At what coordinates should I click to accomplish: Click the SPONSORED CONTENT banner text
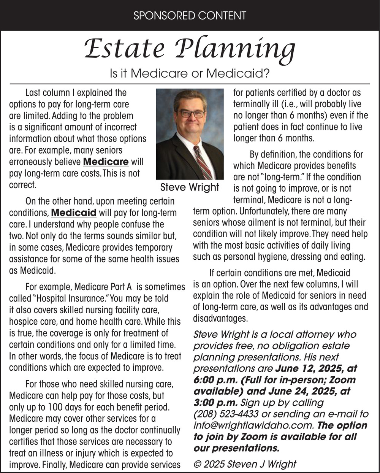pyautogui.click(x=190, y=16)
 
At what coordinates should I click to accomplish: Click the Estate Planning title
pyautogui.click(x=190, y=49)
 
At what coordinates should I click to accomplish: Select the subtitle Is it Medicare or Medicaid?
pyautogui.click(x=190, y=73)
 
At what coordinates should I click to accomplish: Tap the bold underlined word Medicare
pyautogui.click(x=106, y=162)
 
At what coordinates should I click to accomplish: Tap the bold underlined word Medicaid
pyautogui.click(x=74, y=212)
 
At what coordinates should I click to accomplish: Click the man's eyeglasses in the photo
pyautogui.click(x=192, y=113)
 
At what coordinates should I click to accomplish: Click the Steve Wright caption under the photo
pyautogui.click(x=190, y=187)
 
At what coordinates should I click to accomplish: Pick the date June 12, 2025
pyautogui.click(x=310, y=368)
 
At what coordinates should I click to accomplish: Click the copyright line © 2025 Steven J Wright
pyautogui.click(x=245, y=464)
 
